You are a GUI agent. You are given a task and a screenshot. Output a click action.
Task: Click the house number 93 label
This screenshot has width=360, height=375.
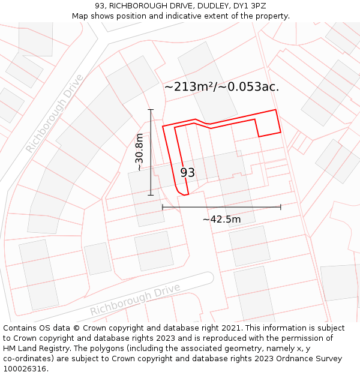coord(187,173)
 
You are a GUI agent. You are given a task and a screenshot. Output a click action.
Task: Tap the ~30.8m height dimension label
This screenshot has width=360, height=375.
coord(139,152)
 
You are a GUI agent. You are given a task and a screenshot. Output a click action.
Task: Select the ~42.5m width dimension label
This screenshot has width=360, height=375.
coord(221,220)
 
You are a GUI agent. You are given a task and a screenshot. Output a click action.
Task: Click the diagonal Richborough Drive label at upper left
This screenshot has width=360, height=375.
coord(55,113)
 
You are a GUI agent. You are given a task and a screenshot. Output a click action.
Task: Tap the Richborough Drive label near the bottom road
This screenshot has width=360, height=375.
coord(135,300)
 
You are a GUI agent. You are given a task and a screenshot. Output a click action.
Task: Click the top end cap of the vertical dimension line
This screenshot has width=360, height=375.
coord(151,110)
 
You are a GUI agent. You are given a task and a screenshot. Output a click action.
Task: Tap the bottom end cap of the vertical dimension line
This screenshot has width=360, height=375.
coord(151,195)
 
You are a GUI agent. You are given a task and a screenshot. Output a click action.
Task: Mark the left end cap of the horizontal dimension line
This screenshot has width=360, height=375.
coord(163,207)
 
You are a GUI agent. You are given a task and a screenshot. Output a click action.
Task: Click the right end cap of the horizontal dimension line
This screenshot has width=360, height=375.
coord(281,207)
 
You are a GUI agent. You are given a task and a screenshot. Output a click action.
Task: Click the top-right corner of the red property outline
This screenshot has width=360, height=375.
coord(275,110)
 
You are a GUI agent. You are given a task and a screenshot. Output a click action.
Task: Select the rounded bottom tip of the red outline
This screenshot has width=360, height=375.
coord(182,193)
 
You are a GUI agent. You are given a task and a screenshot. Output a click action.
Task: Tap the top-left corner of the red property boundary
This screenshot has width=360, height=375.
coord(163,126)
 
